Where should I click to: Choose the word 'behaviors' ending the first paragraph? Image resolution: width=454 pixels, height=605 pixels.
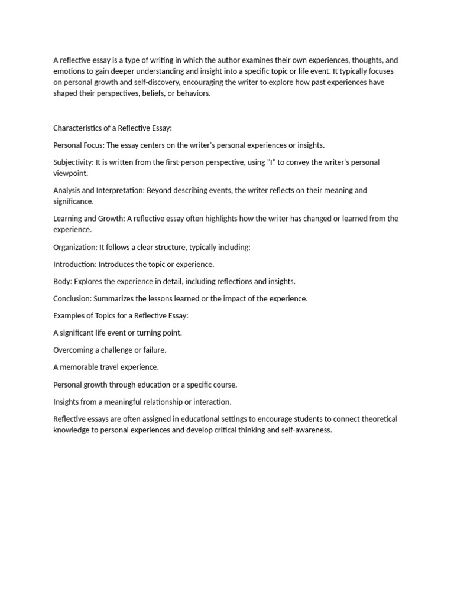click(193, 93)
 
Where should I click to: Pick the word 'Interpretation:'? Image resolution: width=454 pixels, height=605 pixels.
click(118, 190)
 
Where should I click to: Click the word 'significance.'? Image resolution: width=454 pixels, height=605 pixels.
click(74, 201)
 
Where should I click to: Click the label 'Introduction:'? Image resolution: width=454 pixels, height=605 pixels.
click(74, 264)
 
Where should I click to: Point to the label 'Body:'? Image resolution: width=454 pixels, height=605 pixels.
click(63, 281)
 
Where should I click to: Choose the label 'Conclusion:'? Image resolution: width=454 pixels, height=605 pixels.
click(74, 298)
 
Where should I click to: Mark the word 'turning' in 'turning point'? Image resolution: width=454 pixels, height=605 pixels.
click(150, 333)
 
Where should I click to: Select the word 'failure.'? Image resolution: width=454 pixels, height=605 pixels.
click(153, 350)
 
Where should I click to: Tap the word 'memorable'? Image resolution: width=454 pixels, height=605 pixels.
click(80, 367)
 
